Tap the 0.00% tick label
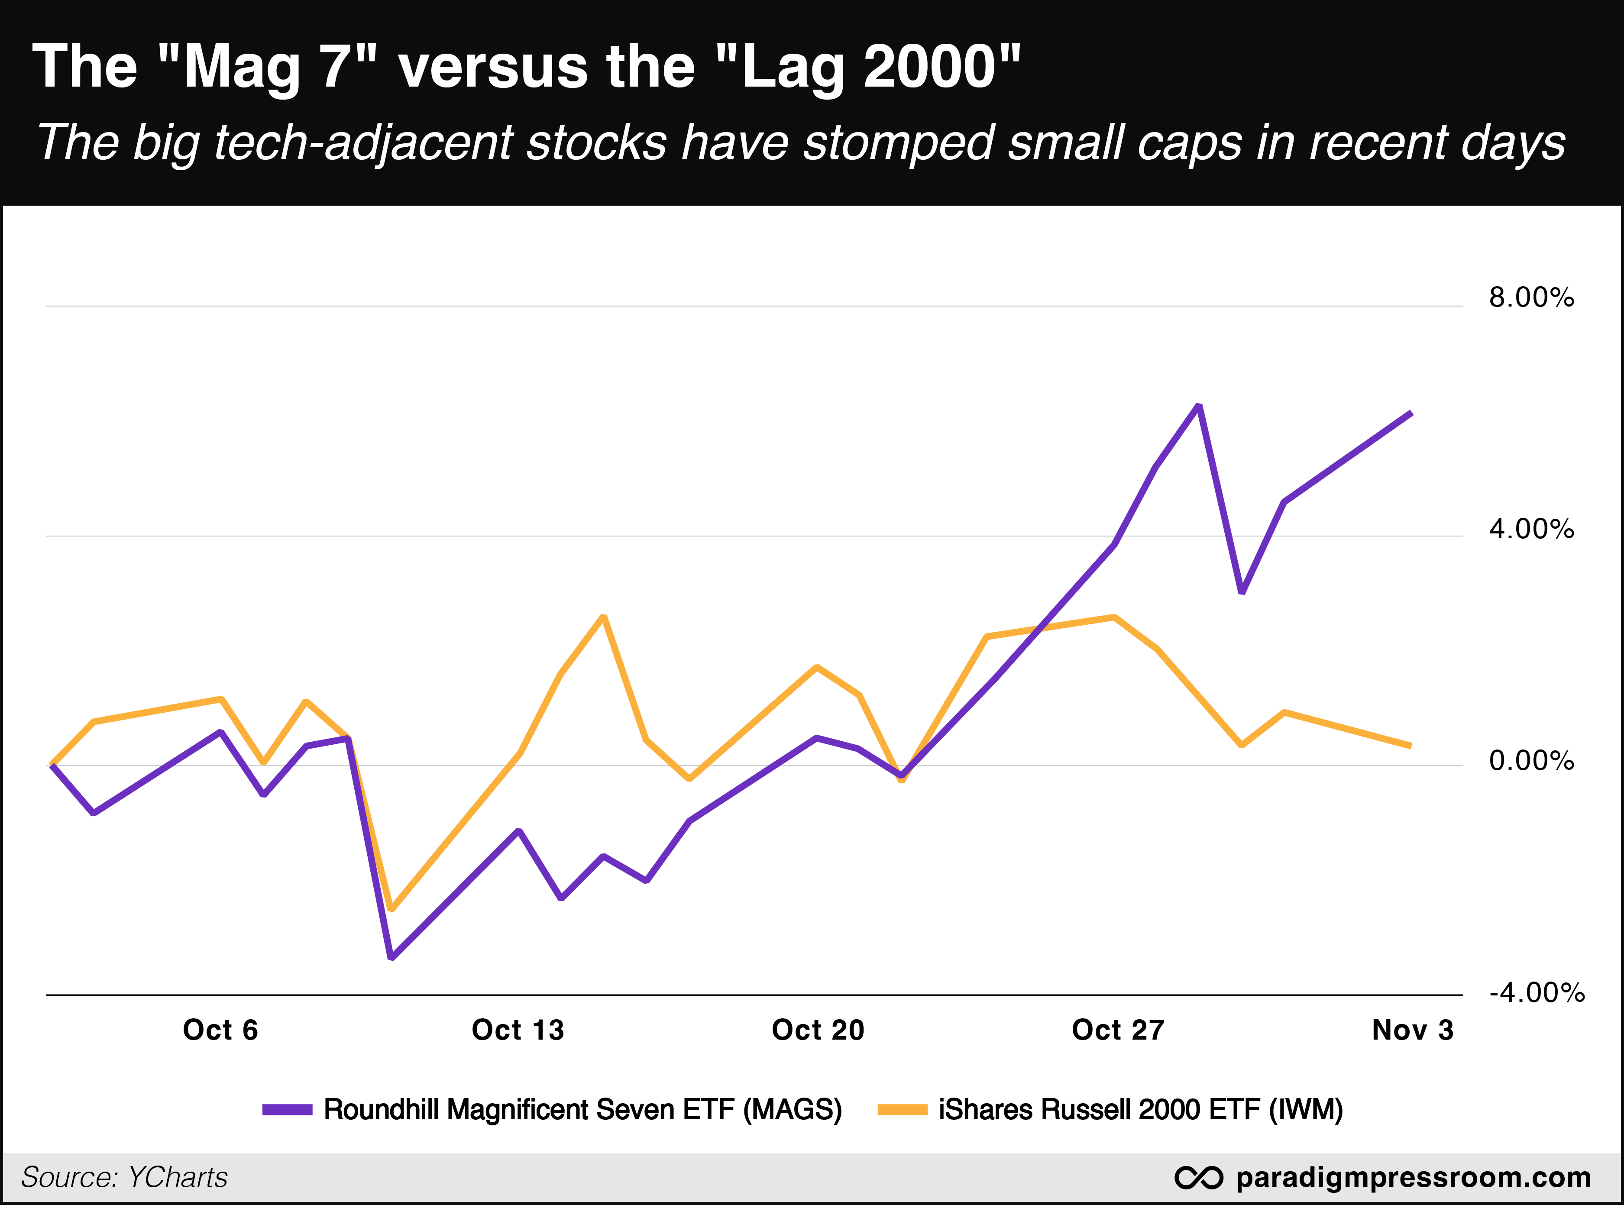pyautogui.click(x=1530, y=761)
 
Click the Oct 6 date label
pyautogui.click(x=220, y=1030)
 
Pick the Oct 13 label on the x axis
pyautogui.click(x=518, y=1030)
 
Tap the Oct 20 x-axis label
pyautogui.click(x=818, y=1030)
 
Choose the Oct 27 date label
pyautogui.click(x=1118, y=1030)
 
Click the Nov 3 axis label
pyautogui.click(x=1412, y=1030)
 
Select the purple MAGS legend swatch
pyautogui.click(x=288, y=1109)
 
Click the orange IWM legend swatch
pyautogui.click(x=903, y=1109)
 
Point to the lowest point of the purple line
pyautogui.click(x=392, y=957)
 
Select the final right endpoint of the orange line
pyautogui.click(x=1410, y=746)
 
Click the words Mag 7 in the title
pyautogui.click(x=266, y=67)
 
